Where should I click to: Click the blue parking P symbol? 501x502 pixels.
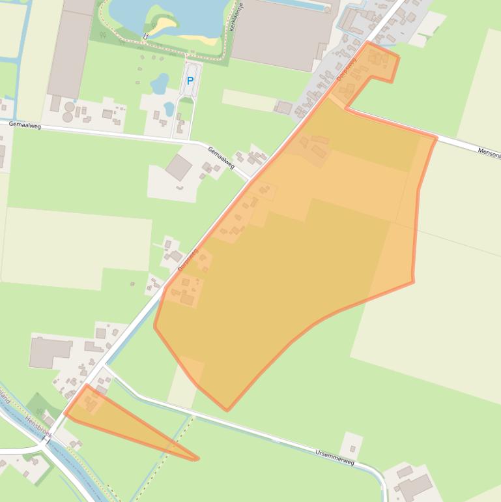[190, 81]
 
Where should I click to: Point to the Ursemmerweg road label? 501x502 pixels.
[334, 457]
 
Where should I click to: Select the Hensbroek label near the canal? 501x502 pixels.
[38, 426]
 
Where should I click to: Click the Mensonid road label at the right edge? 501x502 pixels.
[489, 154]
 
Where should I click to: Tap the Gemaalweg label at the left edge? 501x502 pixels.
[25, 125]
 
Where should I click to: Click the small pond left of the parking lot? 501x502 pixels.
[159, 83]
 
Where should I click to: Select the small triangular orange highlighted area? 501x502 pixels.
[111, 417]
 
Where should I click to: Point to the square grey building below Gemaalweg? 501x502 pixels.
[178, 168]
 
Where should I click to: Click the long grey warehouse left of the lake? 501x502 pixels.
[71, 49]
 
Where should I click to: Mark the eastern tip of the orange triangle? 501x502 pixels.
[197, 459]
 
